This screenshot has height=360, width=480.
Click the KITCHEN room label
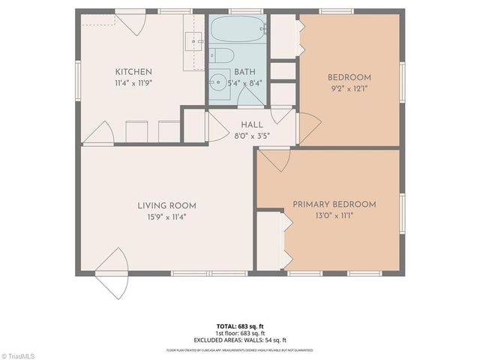pos(134,72)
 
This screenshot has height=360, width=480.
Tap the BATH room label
pos(244,72)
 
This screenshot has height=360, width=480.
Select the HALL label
pos(250,124)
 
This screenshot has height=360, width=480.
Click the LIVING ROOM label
pos(166,205)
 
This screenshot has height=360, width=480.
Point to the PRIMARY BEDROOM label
pos(334,204)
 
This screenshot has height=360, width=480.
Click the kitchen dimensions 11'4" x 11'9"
pos(134,83)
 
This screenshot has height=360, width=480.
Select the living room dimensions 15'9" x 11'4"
pos(166,217)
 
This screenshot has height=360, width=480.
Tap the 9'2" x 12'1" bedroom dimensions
pos(349,88)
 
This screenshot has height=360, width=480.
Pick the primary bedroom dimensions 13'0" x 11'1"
pos(334,215)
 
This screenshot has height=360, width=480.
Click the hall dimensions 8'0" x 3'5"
pos(250,136)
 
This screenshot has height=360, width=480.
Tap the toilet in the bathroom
pos(220,55)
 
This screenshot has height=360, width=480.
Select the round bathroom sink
pos(219,82)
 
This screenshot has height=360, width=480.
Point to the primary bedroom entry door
pos(275,159)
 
